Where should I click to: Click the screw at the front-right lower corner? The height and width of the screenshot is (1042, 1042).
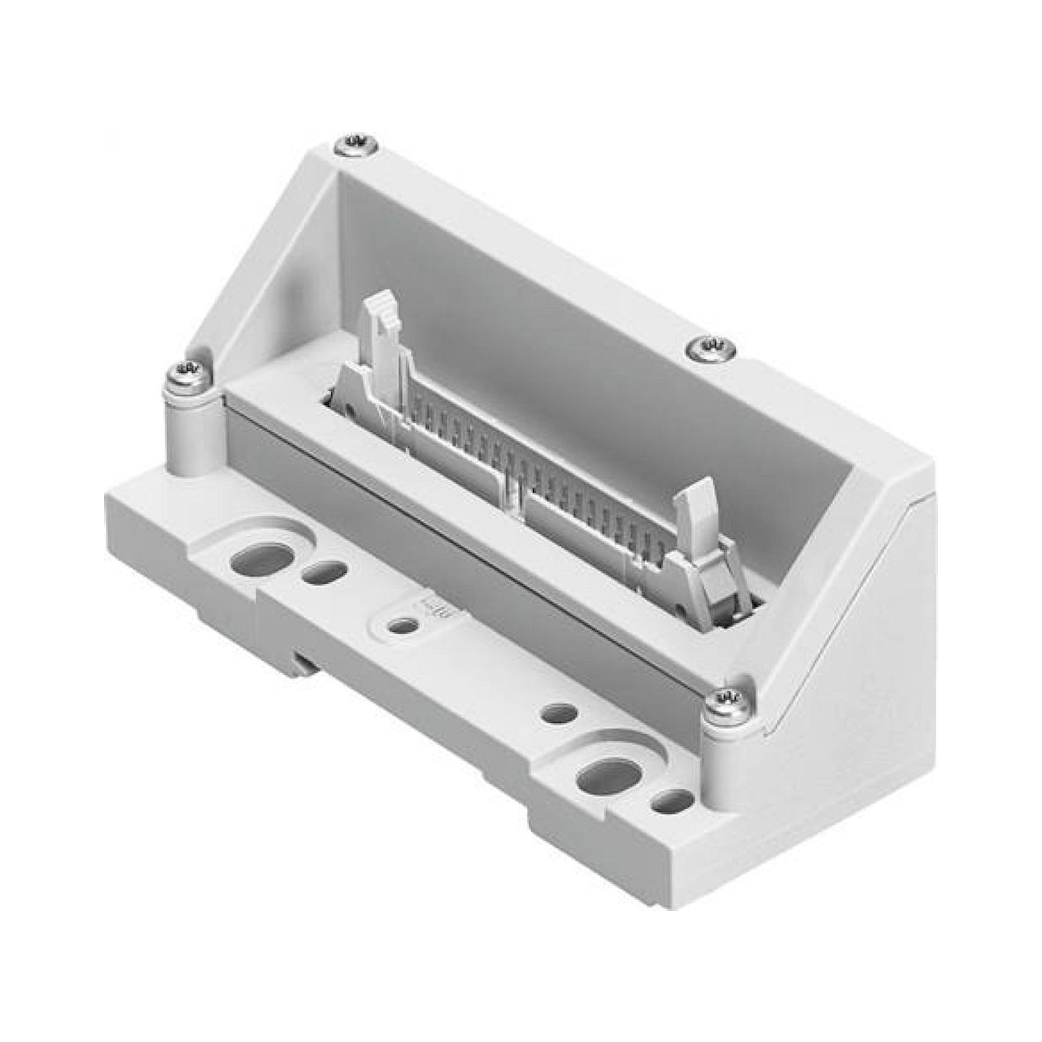(x=726, y=702)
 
